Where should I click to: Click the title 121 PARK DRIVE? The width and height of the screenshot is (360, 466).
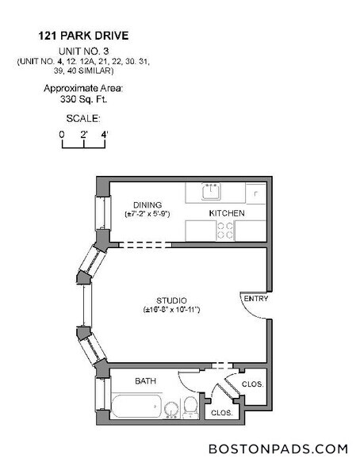click(82, 36)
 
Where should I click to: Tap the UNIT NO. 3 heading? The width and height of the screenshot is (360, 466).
click(83, 50)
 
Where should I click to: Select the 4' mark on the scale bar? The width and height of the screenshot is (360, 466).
click(105, 134)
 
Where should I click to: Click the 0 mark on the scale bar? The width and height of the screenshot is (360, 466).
click(61, 134)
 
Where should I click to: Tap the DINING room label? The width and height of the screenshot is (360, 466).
click(147, 204)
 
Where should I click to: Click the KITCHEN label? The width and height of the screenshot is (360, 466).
click(226, 214)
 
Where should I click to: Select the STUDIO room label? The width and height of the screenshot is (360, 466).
click(170, 300)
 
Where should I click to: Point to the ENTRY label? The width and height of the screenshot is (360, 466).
click(256, 299)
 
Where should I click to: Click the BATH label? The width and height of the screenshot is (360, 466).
click(145, 381)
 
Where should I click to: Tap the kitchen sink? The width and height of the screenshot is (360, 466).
click(212, 193)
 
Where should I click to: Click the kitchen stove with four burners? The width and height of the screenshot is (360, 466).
click(224, 230)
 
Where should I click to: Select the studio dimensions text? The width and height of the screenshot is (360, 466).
click(170, 309)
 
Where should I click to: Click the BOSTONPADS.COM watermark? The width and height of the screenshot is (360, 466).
click(278, 449)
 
